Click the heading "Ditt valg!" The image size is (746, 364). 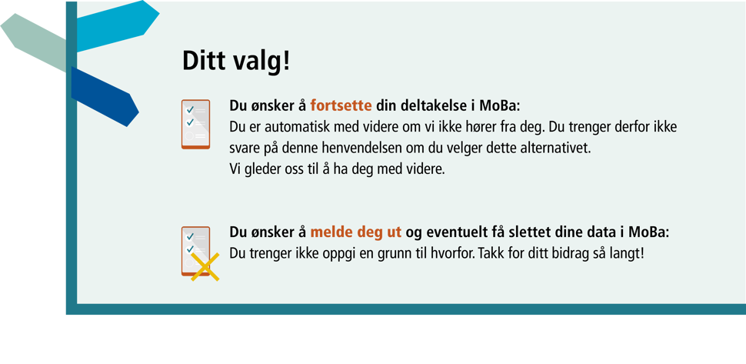(x=236, y=62)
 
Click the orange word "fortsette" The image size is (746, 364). (x=341, y=105)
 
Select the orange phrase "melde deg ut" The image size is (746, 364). (x=356, y=232)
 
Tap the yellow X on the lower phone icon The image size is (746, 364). (x=205, y=267)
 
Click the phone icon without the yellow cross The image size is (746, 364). (x=195, y=124)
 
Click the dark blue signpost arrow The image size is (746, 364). (x=105, y=97)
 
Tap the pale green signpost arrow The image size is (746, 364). (x=33, y=42)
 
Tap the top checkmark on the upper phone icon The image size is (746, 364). (x=190, y=110)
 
